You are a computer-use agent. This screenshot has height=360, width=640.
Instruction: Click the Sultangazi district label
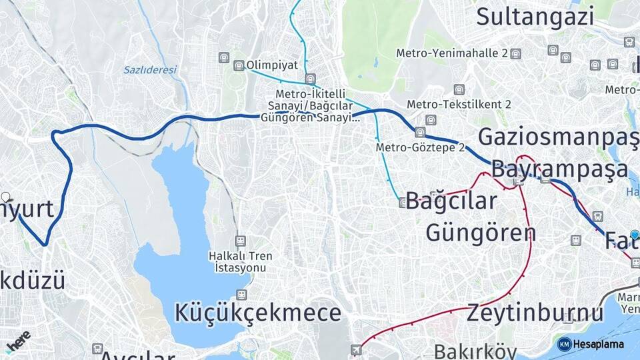535,15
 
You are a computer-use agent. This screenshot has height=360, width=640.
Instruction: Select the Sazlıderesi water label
150,69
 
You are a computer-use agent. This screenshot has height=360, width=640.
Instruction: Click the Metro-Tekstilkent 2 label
459,105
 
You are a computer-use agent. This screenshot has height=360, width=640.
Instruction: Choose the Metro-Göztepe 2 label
420,147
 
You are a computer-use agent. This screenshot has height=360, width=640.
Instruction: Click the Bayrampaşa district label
560,169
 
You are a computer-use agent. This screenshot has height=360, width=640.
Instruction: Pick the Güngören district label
481,233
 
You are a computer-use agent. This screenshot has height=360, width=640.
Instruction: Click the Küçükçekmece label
258,313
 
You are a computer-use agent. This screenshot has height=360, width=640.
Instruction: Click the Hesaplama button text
599,344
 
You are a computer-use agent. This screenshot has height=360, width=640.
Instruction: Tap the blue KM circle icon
564,344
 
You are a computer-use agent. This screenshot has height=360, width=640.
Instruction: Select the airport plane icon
357,349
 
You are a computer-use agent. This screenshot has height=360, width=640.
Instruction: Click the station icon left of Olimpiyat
239,65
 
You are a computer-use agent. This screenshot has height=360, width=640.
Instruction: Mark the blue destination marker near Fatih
635,235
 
